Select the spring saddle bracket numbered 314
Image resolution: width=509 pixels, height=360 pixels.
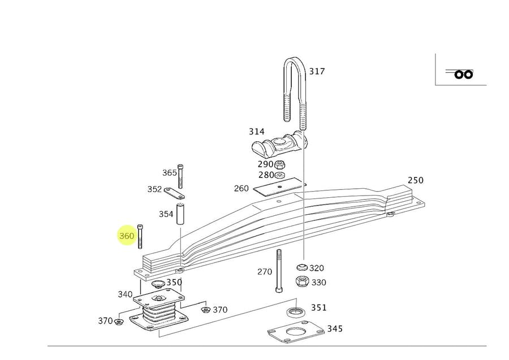coord(279,145)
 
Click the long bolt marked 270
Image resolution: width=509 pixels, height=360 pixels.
coord(279,271)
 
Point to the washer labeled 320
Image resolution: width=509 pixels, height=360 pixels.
coord(301,268)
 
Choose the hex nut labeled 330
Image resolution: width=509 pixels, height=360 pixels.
coord(301,282)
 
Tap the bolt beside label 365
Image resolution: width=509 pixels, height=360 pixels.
coord(180,175)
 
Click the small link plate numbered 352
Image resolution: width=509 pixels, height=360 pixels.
coord(175,193)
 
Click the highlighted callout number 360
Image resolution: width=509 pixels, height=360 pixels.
coord(127,236)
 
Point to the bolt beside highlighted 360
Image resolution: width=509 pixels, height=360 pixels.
coord(140,236)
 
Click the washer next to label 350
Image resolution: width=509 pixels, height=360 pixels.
coord(158,283)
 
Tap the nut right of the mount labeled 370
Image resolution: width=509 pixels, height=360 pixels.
coord(205,310)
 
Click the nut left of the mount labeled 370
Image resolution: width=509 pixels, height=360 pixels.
coord(119,322)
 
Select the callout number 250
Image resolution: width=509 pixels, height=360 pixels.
coord(415,180)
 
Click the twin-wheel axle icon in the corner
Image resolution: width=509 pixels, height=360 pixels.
coord(461,73)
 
